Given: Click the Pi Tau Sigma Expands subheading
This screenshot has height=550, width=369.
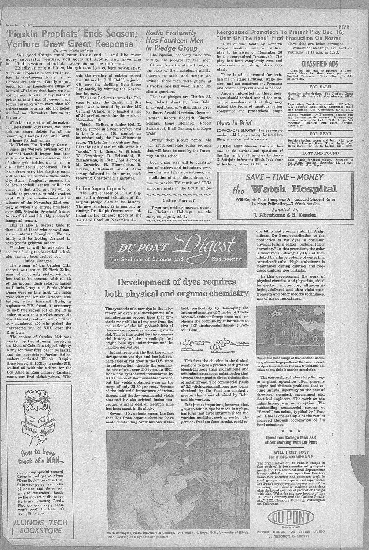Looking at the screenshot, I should pyautogui.click(x=96, y=188).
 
